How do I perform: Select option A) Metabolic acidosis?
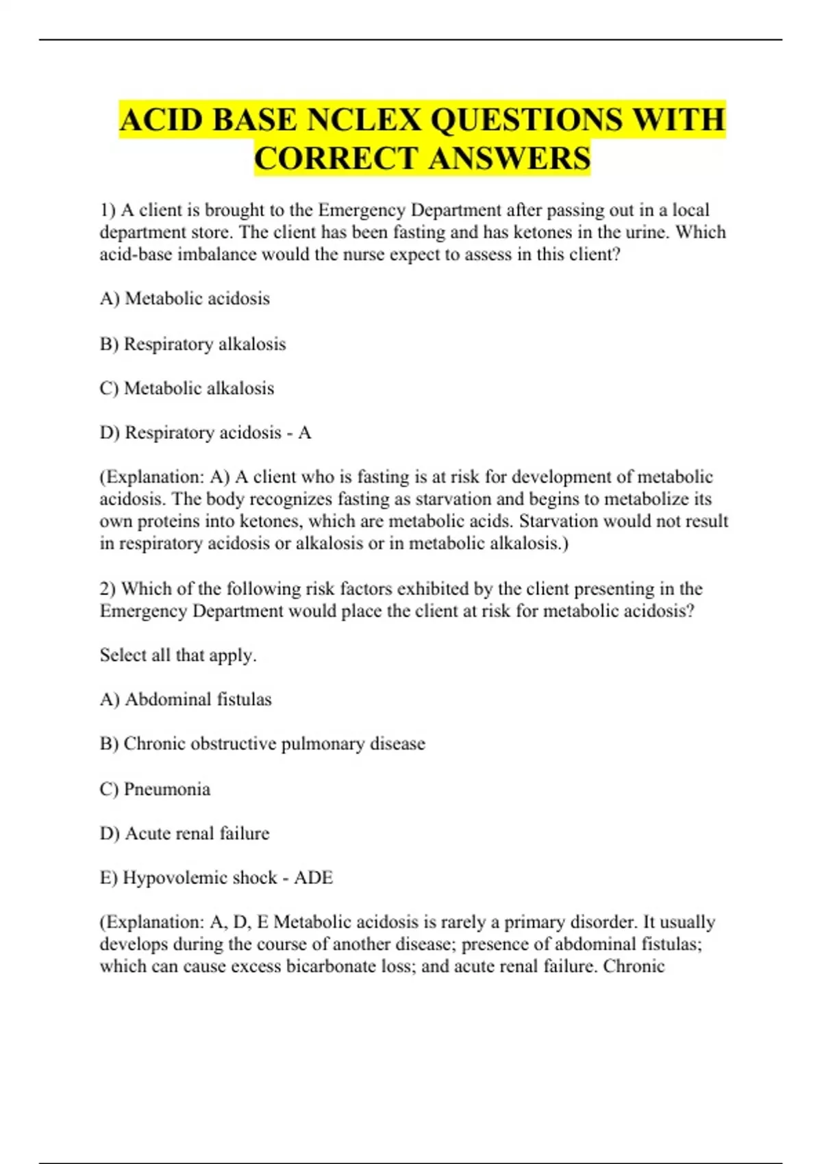click(x=185, y=299)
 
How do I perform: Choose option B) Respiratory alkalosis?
click(x=192, y=344)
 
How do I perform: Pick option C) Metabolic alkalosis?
click(x=186, y=388)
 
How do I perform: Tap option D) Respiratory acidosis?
click(x=191, y=433)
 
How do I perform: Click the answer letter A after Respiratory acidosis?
click(x=305, y=433)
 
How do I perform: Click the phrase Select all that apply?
click(x=178, y=655)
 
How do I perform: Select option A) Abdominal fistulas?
click(x=186, y=700)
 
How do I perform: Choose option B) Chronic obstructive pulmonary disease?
click(x=262, y=744)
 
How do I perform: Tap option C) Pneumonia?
click(x=155, y=789)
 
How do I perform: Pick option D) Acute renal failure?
click(x=184, y=833)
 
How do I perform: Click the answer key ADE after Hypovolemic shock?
click(x=313, y=878)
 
